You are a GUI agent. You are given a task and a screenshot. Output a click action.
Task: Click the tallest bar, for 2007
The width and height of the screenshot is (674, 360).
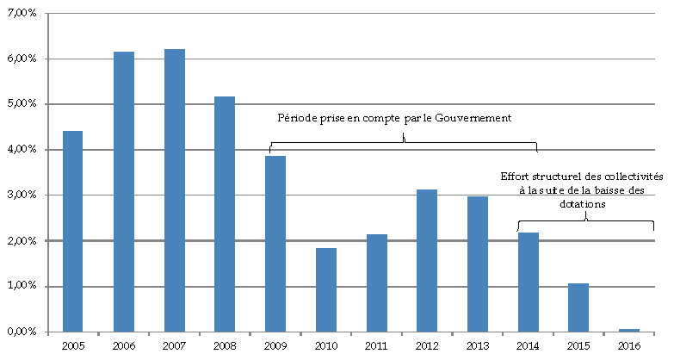174,190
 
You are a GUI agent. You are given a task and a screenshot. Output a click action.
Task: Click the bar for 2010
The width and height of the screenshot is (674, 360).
325,289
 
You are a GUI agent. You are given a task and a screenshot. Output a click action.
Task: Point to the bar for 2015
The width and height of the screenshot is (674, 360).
578,307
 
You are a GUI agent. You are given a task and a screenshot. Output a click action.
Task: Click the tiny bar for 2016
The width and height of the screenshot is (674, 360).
628,330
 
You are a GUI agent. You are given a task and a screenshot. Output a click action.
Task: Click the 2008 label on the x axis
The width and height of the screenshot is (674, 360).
225,345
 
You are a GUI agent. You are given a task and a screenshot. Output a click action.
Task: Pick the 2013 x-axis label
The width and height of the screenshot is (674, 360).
477,345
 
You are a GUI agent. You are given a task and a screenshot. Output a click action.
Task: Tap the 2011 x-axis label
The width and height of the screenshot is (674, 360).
376,345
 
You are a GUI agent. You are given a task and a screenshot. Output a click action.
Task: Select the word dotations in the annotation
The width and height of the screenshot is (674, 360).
583,205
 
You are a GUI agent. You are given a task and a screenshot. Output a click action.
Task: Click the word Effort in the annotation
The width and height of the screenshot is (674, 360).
516,177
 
